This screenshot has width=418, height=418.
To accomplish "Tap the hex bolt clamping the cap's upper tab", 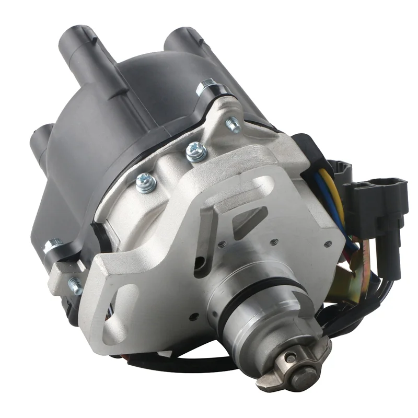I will tap(207, 86).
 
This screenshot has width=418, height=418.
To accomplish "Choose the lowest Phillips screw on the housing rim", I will tap(145, 182).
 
